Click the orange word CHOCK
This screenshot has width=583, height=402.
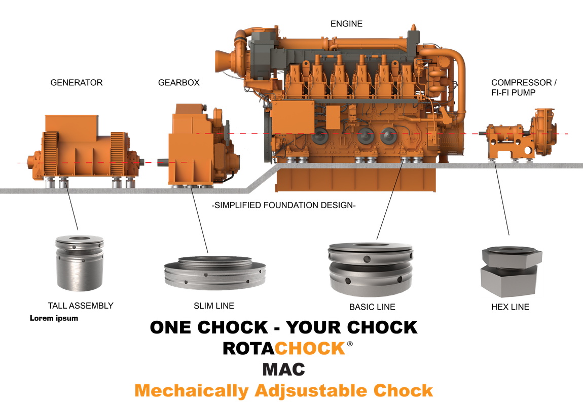pyautogui.click(x=310, y=349)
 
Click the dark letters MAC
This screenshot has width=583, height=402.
pyautogui.click(x=284, y=369)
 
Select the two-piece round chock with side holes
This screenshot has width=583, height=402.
pyautogui.click(x=370, y=269)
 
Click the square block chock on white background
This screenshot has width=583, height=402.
pyautogui.click(x=511, y=272)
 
